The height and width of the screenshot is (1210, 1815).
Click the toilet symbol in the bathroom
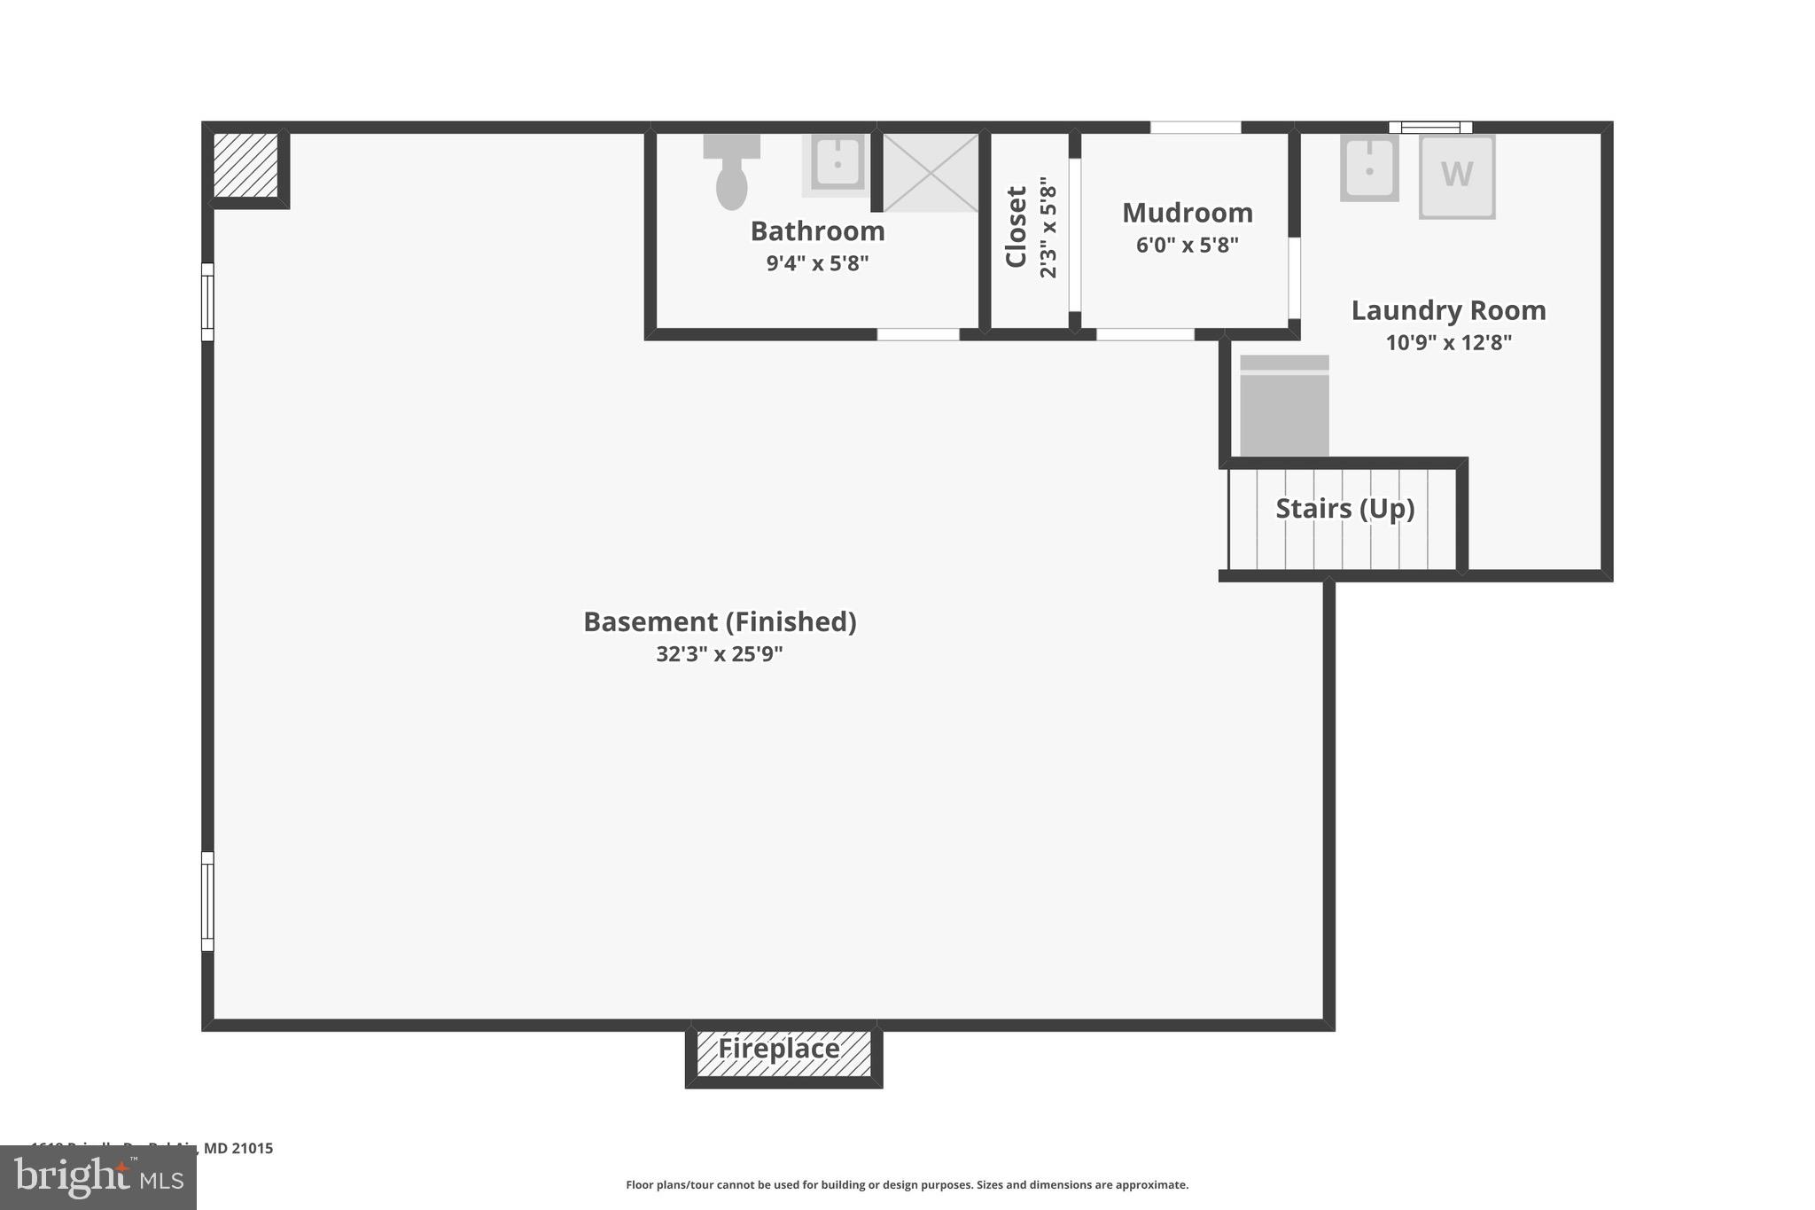point(731,172)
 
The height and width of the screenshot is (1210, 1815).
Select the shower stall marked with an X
point(931,173)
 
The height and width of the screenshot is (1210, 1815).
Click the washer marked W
point(1456,176)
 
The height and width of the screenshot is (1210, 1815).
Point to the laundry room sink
point(1368,168)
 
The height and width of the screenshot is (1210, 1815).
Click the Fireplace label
point(779,1049)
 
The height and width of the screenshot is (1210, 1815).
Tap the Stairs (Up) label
point(1344,508)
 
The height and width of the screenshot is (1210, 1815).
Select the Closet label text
point(1016,227)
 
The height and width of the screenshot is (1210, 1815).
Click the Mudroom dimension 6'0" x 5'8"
point(1187,245)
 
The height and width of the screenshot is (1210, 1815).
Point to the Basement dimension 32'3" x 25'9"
point(719,654)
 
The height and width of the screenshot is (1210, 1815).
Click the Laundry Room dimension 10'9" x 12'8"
point(1448,342)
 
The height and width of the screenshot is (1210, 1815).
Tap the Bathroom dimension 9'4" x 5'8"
point(817,263)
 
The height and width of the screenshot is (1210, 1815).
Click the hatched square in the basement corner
point(245,166)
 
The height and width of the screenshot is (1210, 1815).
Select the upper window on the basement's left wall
point(207,301)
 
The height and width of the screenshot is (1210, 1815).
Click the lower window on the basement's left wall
point(207,901)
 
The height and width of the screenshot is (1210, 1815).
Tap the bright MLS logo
point(98,1177)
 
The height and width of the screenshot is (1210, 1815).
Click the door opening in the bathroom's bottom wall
point(918,334)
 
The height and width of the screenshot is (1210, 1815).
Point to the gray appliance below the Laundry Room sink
point(1283,406)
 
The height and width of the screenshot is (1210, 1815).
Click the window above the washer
point(1429,127)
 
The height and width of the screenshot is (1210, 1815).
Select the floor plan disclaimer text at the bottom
point(907,1184)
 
